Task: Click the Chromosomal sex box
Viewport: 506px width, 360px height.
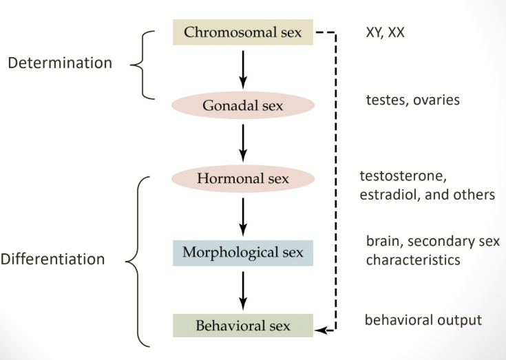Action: (x=242, y=32)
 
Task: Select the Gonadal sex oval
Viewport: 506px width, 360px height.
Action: (x=242, y=106)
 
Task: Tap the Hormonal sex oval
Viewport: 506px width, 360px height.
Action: (x=242, y=178)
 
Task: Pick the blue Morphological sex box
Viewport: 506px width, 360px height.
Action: (x=242, y=253)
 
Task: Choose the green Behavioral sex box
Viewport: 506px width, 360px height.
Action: (x=242, y=325)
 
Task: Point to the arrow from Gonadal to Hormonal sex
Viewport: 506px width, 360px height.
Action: (x=242, y=142)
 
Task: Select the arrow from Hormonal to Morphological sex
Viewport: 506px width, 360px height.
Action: (x=242, y=215)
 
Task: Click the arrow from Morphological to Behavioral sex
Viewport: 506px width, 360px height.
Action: (x=242, y=289)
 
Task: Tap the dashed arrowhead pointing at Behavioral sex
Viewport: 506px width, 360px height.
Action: (x=319, y=331)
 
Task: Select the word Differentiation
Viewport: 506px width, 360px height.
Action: (x=52, y=260)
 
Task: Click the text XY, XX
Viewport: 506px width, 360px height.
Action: (x=386, y=32)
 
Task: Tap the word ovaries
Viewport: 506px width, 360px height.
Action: (x=437, y=100)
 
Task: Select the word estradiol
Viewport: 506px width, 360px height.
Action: (x=388, y=195)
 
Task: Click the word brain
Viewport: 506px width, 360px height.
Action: (x=383, y=242)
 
